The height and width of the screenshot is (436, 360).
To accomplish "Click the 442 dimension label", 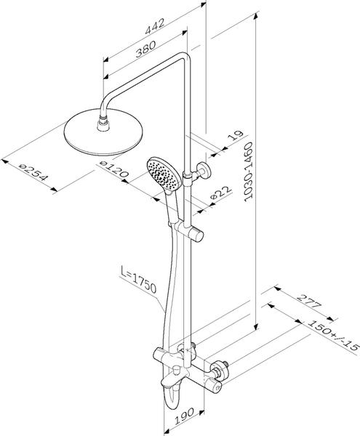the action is pyautogui.click(x=155, y=26).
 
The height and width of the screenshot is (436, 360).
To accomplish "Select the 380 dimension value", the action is pyautogui.click(x=145, y=49).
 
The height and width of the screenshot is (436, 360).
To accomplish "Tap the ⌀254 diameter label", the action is pyautogui.click(x=33, y=173).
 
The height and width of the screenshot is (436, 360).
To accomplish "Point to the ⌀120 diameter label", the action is pyautogui.click(x=114, y=169).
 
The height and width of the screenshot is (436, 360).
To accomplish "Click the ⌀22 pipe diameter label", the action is pyautogui.click(x=221, y=193).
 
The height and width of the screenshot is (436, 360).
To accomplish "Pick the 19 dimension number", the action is pyautogui.click(x=236, y=136).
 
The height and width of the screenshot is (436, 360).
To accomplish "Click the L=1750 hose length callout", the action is pyautogui.click(x=139, y=279).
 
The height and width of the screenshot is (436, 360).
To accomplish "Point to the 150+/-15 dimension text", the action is pyautogui.click(x=332, y=334).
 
